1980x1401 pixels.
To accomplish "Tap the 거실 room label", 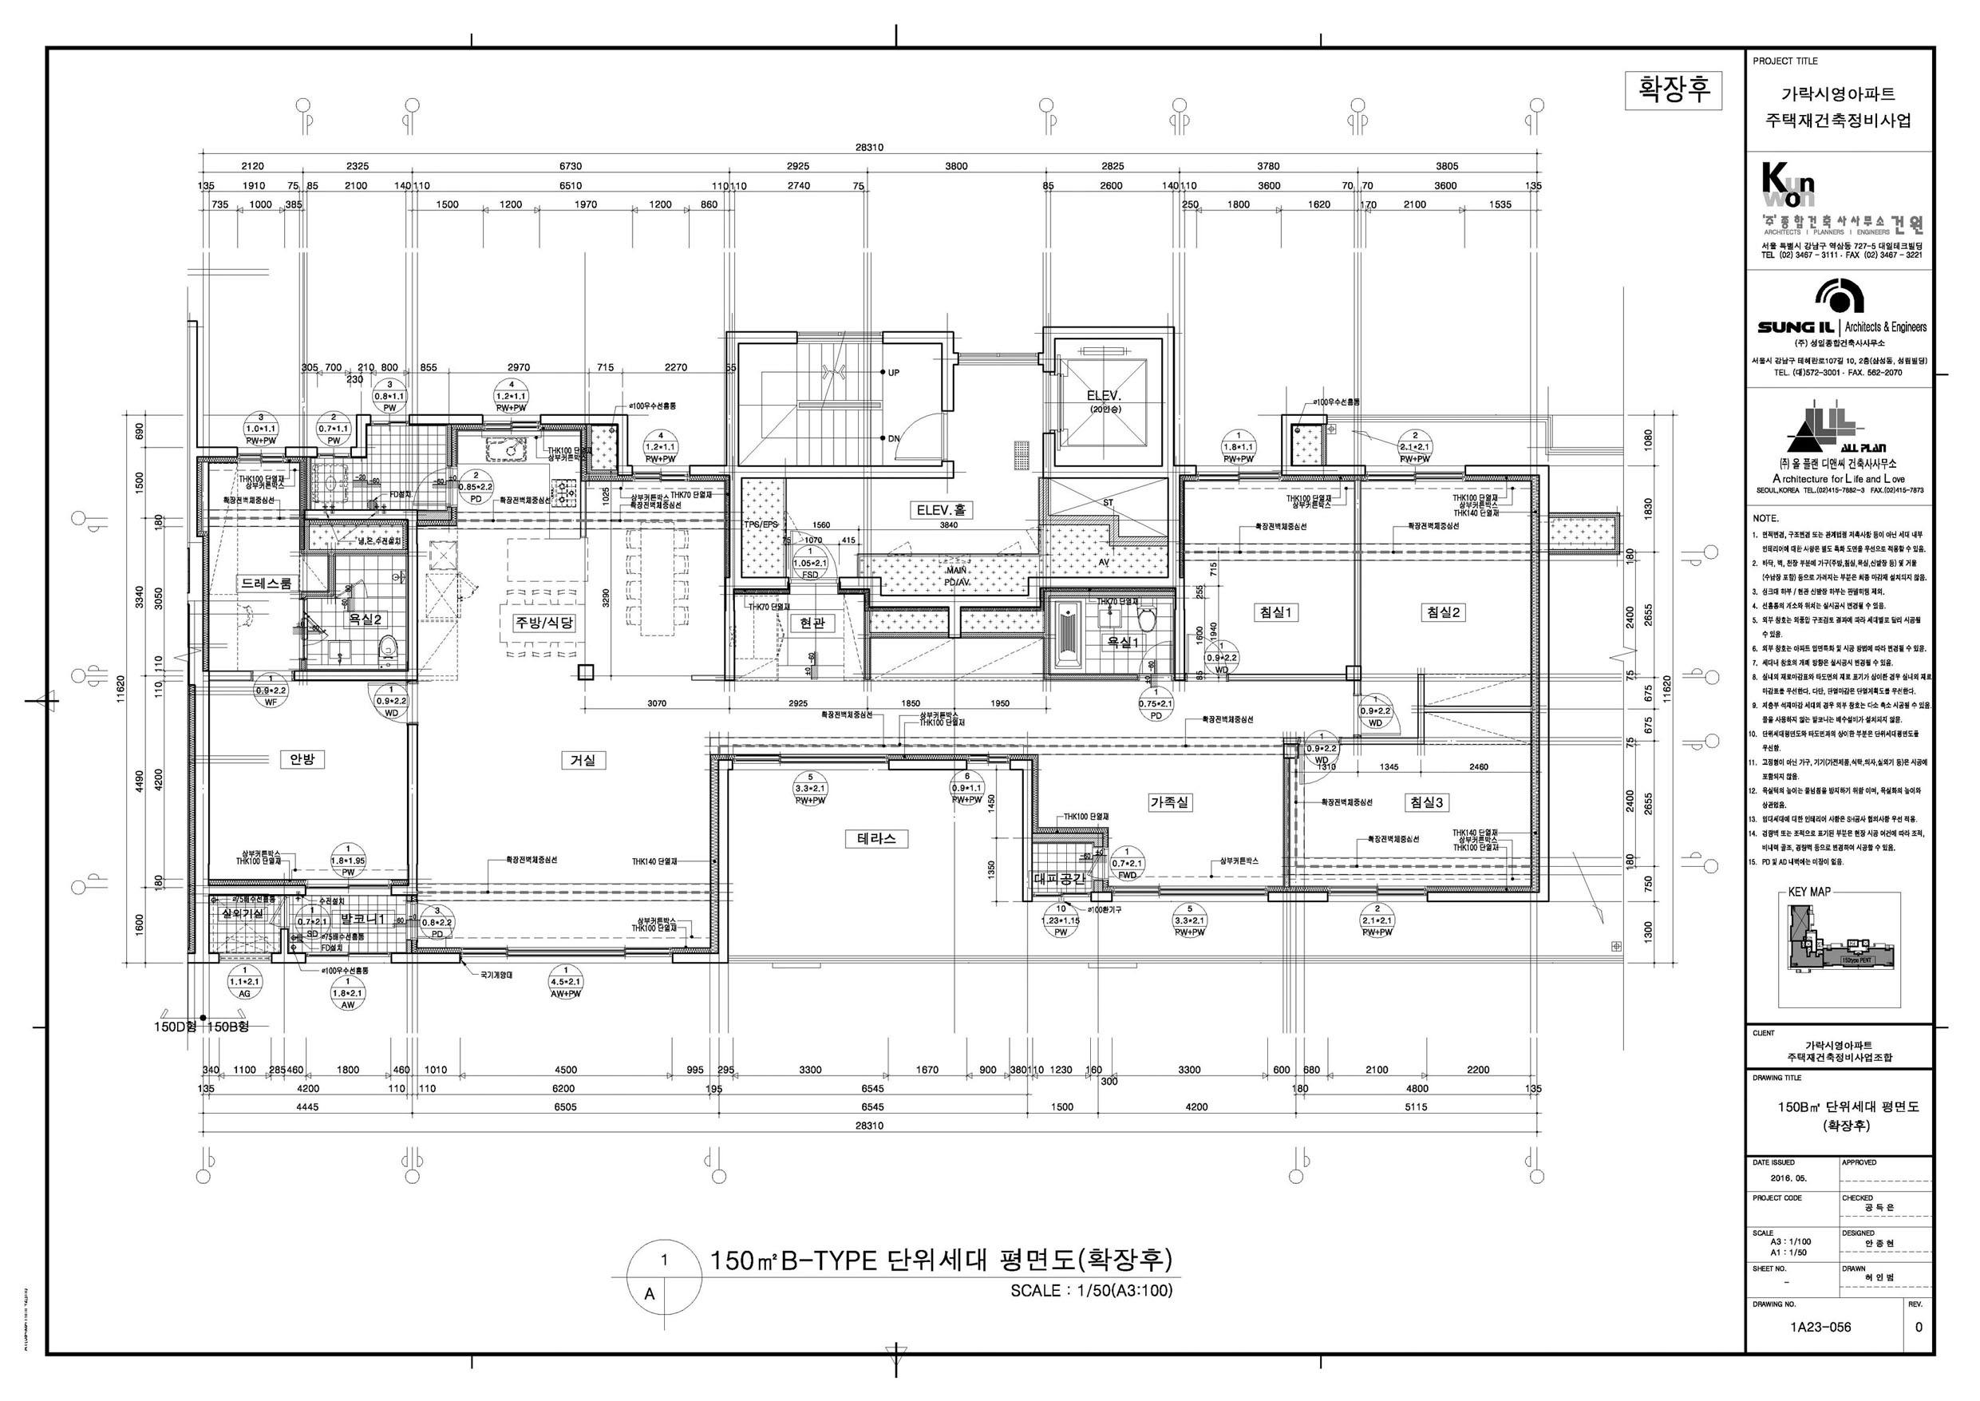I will [583, 760].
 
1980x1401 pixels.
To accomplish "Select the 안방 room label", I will [302, 759].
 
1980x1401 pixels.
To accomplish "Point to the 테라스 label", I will [876, 837].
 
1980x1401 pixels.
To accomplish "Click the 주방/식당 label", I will [543, 623].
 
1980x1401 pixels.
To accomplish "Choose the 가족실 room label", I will [1169, 801].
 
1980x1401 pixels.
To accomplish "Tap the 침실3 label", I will [1426, 802].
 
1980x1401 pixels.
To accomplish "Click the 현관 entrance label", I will [812, 622].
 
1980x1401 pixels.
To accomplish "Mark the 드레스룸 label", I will [267, 584].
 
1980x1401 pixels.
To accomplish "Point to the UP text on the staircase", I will [893, 373].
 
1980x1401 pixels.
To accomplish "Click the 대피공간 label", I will [1059, 879].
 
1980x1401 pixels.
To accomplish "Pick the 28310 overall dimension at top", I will [869, 148].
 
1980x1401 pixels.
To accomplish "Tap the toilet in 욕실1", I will [1147, 619].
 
